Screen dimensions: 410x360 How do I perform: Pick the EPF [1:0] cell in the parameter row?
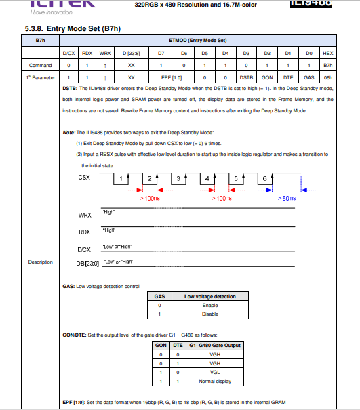[x=172, y=78]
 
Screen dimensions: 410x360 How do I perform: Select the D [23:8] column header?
[x=132, y=53]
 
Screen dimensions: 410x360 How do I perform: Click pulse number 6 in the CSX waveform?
[x=264, y=178]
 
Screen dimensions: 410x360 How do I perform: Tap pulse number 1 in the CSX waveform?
[x=121, y=178]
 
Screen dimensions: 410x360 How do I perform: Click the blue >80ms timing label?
[x=287, y=198]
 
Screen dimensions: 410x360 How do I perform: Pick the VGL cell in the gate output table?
[x=215, y=372]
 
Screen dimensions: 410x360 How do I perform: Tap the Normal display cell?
[x=215, y=381]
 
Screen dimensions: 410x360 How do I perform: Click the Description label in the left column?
[x=40, y=262]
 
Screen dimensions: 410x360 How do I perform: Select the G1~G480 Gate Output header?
[x=215, y=345]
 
